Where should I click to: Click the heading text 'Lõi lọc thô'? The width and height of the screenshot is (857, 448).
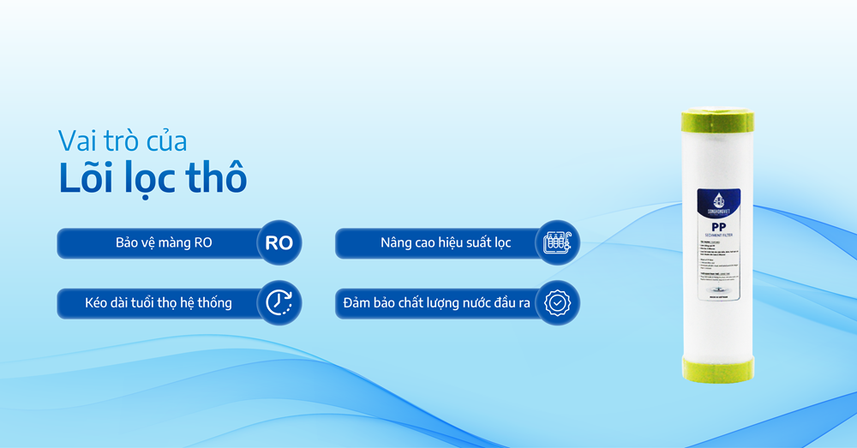point(153,176)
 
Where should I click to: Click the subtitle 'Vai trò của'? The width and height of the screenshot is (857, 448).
point(122,140)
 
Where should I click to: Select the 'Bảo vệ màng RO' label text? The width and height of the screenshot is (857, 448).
point(163,243)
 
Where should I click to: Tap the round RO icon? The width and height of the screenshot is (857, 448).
point(279,243)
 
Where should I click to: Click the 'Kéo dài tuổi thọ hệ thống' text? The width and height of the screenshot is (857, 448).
point(158,302)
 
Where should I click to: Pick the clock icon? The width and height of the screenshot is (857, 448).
point(279,302)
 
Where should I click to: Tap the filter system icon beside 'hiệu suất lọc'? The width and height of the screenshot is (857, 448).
point(557,243)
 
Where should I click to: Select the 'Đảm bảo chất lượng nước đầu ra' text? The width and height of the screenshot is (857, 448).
point(437,302)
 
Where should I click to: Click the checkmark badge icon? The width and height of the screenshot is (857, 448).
point(557,302)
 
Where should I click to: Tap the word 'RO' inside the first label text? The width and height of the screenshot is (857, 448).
point(202,243)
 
